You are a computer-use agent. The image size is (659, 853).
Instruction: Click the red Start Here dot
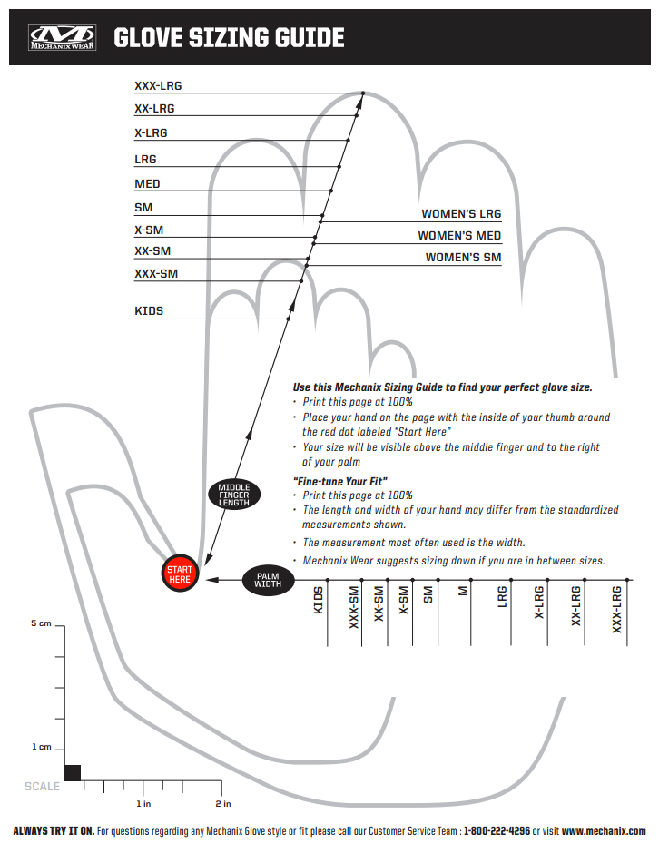pyautogui.click(x=180, y=574)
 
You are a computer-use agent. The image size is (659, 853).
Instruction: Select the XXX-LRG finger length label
pyautogui.click(x=158, y=86)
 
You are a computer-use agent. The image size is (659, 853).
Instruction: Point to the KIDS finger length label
pyautogui.click(x=149, y=311)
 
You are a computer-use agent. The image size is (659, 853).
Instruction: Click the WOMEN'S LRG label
pyautogui.click(x=461, y=214)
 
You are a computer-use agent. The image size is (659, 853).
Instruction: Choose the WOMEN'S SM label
pyautogui.click(x=463, y=258)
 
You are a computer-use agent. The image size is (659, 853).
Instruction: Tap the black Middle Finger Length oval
pyautogui.click(x=233, y=495)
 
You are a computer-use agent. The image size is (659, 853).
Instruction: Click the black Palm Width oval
pyautogui.click(x=268, y=579)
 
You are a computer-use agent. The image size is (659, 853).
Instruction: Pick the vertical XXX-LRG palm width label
pyautogui.click(x=617, y=610)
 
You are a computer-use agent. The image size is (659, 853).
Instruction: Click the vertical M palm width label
pyautogui.click(x=463, y=592)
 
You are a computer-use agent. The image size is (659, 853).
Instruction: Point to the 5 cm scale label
pyautogui.click(x=41, y=624)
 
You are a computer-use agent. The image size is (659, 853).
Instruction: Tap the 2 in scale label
pyautogui.click(x=223, y=804)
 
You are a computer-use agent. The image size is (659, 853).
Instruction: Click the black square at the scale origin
pyautogui.click(x=73, y=772)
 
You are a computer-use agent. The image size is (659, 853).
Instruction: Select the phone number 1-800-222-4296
pyautogui.click(x=497, y=831)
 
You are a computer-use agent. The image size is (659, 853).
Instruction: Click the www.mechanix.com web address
pyautogui.click(x=604, y=831)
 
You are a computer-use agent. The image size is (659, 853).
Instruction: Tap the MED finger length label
pyautogui.click(x=147, y=184)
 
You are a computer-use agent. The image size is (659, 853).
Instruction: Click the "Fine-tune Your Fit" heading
pyautogui.click(x=340, y=480)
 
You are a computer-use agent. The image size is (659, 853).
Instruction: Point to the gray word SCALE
pyautogui.click(x=42, y=786)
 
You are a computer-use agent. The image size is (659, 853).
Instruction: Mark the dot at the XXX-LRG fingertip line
pyautogui.click(x=362, y=93)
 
